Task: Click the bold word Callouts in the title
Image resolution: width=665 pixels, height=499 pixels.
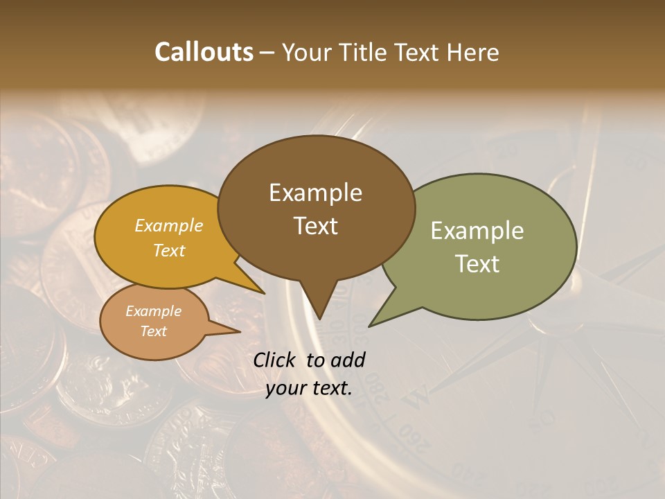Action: pyautogui.click(x=204, y=52)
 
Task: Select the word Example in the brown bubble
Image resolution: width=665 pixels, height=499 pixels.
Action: pyautogui.click(x=315, y=193)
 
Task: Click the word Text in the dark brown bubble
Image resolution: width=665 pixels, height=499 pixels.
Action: pyautogui.click(x=315, y=226)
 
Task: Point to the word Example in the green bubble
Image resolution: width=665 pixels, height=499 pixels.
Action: pyautogui.click(x=477, y=231)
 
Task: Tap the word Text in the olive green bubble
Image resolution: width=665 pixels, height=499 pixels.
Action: pyautogui.click(x=477, y=264)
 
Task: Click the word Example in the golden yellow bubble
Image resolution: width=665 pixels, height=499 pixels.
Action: pyautogui.click(x=168, y=225)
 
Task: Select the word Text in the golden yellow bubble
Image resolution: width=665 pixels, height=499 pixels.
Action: pyautogui.click(x=168, y=250)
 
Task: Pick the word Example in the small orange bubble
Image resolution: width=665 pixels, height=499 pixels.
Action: pyautogui.click(x=153, y=311)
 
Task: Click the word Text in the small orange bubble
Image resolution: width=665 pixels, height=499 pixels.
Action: pyautogui.click(x=153, y=331)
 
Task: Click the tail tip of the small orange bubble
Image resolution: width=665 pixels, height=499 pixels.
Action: pyautogui.click(x=239, y=331)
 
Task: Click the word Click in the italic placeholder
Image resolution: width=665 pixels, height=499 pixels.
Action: pyautogui.click(x=276, y=360)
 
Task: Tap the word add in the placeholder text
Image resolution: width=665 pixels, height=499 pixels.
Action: pyautogui.click(x=349, y=360)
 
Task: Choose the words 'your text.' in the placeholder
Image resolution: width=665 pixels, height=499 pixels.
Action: pyautogui.click(x=309, y=388)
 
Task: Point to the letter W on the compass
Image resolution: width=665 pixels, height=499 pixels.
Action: pyautogui.click(x=418, y=397)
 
